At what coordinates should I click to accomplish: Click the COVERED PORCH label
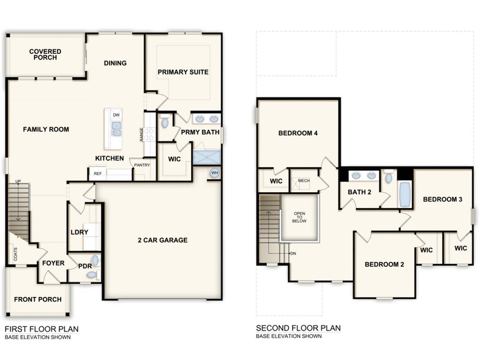pos(43,54)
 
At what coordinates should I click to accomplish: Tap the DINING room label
pos(115,63)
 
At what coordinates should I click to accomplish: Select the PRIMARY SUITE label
pos(183,72)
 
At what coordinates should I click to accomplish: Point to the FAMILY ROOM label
pos(46,129)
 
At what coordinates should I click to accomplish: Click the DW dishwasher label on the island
pos(116,114)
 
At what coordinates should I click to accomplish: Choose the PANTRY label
pos(141,165)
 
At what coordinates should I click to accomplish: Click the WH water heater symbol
pos(214,173)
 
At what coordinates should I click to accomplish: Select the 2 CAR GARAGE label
pos(162,240)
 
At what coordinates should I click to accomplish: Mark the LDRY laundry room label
pos(78,233)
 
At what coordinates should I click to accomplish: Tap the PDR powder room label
pos(84,266)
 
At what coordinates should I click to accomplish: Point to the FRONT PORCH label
pos(37,299)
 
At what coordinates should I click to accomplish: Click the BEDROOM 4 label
pos(298,133)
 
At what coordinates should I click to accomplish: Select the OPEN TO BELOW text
pos(299,217)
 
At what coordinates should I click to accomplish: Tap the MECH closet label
pos(303,181)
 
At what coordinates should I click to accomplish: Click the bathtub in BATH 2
pos(405,194)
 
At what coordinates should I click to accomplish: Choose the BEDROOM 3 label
pos(442,200)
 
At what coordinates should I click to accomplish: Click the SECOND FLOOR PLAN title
pos(298,328)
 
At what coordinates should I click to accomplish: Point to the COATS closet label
pos(15,253)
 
